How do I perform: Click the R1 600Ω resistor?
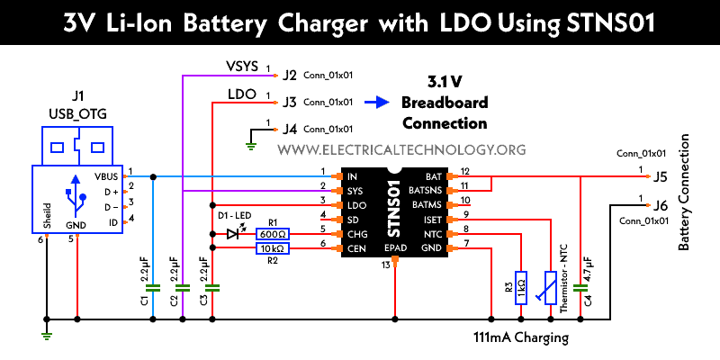click(x=273, y=233)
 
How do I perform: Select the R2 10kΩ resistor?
click(x=273, y=247)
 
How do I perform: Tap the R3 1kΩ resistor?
click(x=520, y=286)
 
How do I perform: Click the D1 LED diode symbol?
click(x=232, y=233)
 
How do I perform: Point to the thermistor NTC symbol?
click(x=550, y=286)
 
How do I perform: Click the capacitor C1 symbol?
click(x=152, y=288)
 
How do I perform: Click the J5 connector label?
click(x=660, y=176)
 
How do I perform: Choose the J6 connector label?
click(x=660, y=203)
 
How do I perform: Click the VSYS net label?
click(x=240, y=67)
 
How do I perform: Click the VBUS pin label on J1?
click(x=106, y=177)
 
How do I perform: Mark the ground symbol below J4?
click(x=253, y=141)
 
